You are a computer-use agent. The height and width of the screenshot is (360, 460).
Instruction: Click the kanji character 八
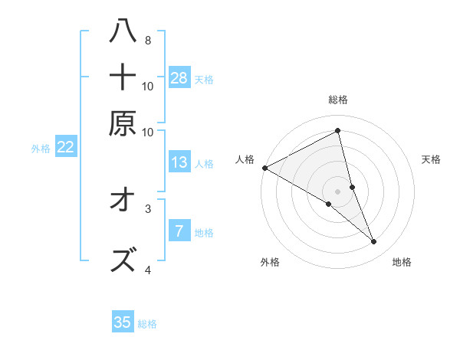(123, 31)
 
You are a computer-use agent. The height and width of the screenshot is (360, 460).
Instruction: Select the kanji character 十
(123, 77)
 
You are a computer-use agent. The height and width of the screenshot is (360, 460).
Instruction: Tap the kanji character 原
(123, 123)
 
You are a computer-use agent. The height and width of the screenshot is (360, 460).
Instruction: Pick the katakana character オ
(123, 201)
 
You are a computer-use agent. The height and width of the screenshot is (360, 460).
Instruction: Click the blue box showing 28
(179, 77)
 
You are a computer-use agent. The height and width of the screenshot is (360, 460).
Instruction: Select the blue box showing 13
(179, 162)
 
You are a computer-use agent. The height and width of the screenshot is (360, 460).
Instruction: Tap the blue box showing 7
(179, 231)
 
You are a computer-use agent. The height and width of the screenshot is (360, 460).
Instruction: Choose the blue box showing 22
(65, 148)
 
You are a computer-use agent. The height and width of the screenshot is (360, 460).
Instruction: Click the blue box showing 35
(123, 322)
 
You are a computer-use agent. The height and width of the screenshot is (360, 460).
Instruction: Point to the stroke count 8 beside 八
(147, 40)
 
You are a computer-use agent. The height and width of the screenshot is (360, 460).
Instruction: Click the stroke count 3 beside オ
(147, 208)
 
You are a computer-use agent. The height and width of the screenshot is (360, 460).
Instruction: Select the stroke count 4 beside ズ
(147, 270)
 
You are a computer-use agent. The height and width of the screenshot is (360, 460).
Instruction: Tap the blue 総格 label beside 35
(147, 324)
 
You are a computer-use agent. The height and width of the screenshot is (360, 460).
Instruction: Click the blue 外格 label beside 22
(40, 149)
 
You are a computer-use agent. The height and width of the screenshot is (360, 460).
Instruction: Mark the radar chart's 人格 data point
(264, 167)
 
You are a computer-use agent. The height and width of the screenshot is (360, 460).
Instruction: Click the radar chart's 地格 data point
(374, 242)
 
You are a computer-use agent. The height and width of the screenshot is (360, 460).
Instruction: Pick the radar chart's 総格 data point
(337, 131)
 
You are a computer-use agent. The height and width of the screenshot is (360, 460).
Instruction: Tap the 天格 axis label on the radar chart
(431, 159)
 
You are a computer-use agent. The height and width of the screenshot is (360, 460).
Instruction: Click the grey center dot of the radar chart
(337, 191)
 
